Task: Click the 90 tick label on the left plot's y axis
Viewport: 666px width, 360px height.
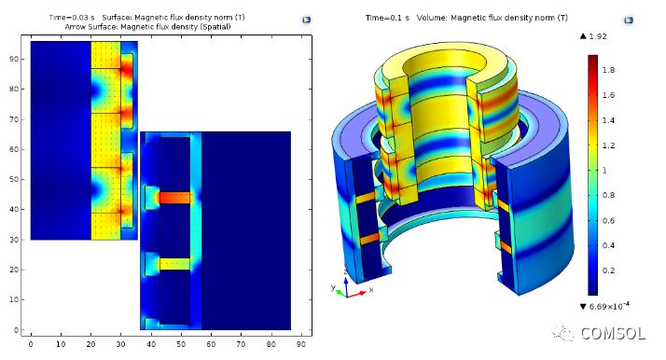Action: [14, 59]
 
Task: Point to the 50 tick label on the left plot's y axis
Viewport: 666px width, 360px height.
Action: [14, 179]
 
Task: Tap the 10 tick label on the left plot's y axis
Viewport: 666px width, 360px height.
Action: [14, 299]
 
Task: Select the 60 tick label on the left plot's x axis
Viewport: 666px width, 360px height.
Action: [211, 344]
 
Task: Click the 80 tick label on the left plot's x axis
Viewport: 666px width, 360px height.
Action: [271, 344]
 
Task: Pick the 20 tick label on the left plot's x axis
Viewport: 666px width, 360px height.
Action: [90, 344]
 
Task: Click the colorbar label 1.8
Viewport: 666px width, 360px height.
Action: [608, 70]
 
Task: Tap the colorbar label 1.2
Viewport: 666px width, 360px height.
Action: [608, 145]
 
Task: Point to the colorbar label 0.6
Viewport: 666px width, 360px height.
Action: [608, 221]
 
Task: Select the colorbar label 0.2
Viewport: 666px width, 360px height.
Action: [608, 270]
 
